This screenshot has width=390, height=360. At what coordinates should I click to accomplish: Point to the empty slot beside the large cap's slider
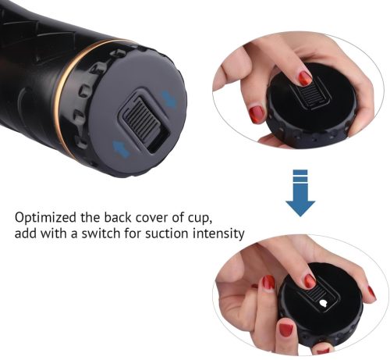point(159,139)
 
